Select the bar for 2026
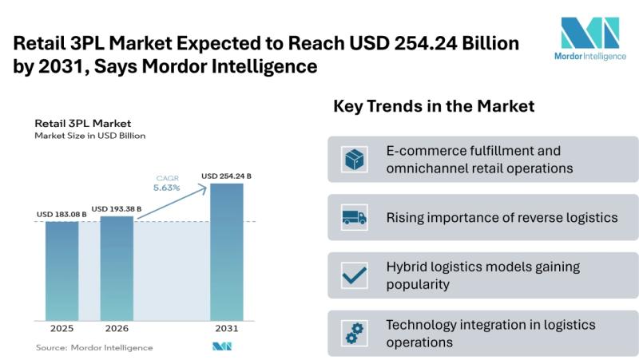(x=117, y=267)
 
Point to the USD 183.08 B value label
(x=62, y=214)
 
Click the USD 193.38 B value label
(x=117, y=208)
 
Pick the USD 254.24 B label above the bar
(x=227, y=176)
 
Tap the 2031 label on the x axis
(x=227, y=328)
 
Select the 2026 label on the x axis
(x=117, y=328)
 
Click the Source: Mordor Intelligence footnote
(x=94, y=347)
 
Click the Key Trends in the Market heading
(x=434, y=106)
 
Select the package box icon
(x=354, y=159)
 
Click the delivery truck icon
(x=354, y=217)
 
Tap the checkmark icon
(x=354, y=275)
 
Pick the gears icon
(x=354, y=334)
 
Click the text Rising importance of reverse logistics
(x=490, y=217)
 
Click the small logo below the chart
(x=221, y=347)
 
